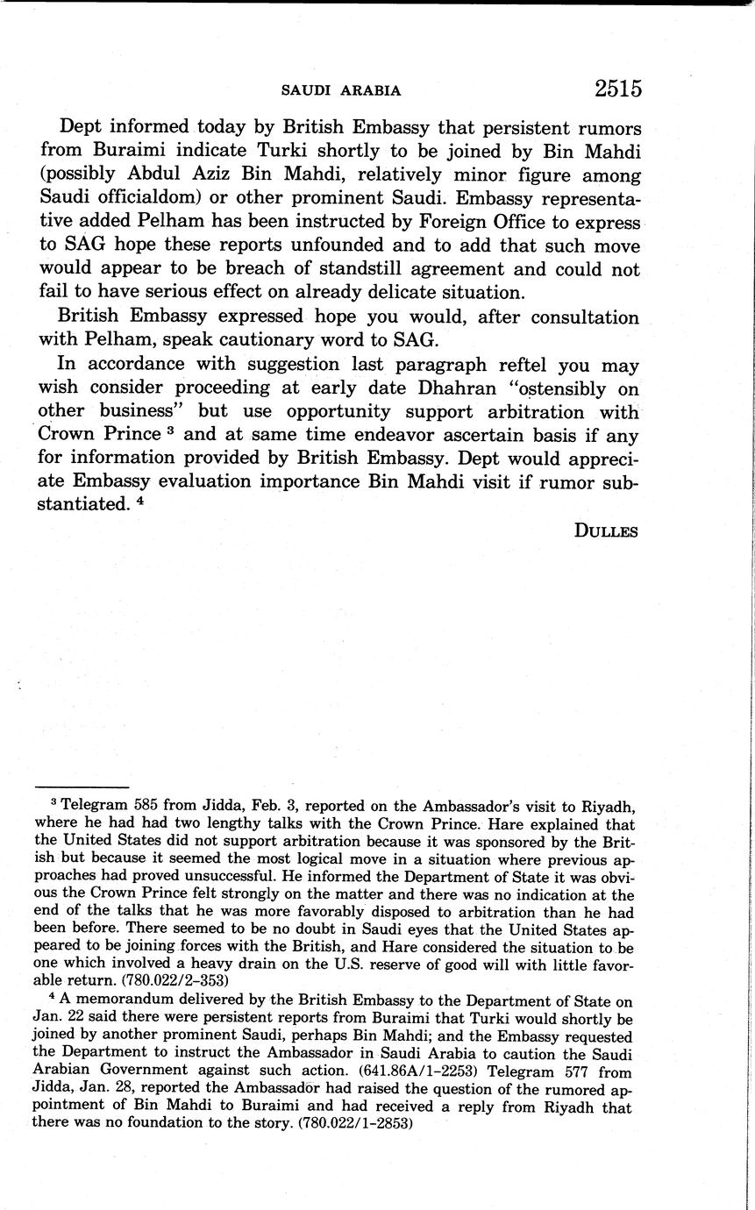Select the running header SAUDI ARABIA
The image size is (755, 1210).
pos(341,90)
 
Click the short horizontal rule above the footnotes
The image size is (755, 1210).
pos(82,787)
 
